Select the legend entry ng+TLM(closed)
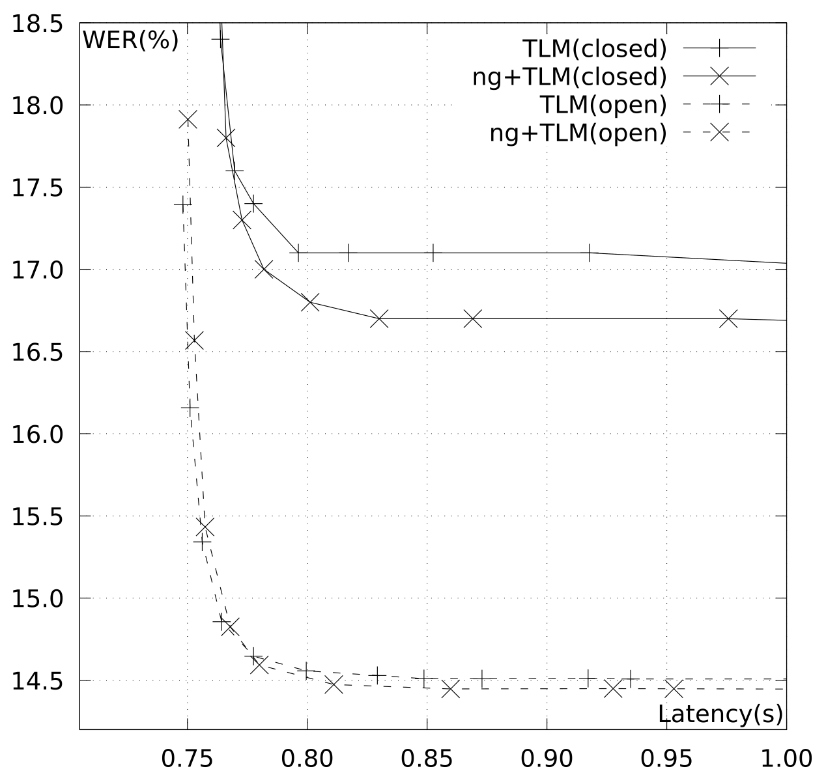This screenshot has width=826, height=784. (x=570, y=77)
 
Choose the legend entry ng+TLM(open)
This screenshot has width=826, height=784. (x=578, y=133)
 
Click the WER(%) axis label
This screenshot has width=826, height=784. (x=130, y=40)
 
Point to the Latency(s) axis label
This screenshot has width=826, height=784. (x=720, y=714)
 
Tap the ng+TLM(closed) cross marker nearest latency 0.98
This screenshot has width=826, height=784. (x=728, y=319)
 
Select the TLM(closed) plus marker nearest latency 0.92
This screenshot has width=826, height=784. (x=590, y=253)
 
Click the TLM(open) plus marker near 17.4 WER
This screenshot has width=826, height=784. (x=183, y=204)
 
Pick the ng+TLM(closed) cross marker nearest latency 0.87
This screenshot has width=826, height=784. (x=473, y=319)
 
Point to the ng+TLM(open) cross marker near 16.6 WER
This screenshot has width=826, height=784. (x=193, y=341)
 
